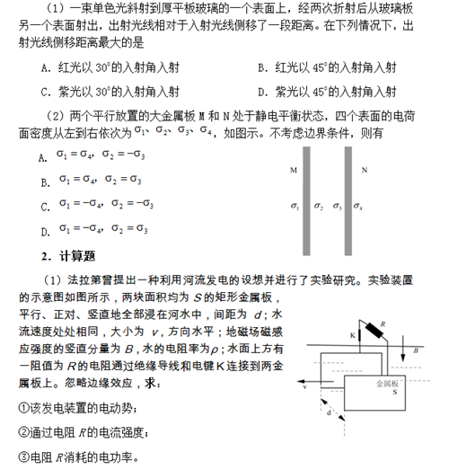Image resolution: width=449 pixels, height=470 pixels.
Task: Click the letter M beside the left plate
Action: pos(294,169)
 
